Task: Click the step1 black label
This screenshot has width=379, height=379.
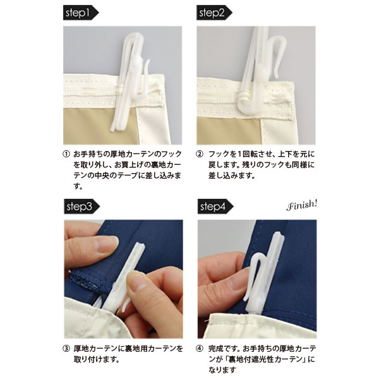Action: tap(81, 13)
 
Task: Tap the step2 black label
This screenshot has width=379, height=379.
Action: tap(214, 13)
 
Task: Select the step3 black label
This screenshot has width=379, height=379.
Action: tap(81, 207)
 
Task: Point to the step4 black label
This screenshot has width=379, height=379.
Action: tap(215, 207)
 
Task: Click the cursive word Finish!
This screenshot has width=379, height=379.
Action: tap(302, 206)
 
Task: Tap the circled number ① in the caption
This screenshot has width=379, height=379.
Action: tap(66, 154)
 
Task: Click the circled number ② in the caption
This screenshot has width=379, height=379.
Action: tap(200, 154)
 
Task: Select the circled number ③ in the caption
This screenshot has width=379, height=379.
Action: tap(66, 349)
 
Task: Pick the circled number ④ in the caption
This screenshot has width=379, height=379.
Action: tap(200, 349)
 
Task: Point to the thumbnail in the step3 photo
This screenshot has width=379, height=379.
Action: tap(136, 282)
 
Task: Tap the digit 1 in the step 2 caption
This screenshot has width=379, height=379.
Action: tap(239, 154)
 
